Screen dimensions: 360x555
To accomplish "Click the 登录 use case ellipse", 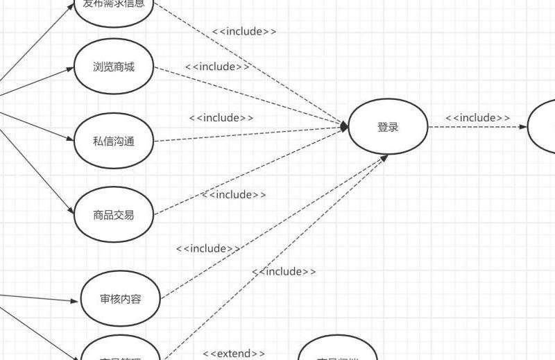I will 388,127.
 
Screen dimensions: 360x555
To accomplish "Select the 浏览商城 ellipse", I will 114,67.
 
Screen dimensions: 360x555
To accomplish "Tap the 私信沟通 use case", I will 114,142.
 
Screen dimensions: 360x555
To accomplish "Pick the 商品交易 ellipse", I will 114,215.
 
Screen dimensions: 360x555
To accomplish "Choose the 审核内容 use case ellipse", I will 121,300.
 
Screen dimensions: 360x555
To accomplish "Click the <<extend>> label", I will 234,354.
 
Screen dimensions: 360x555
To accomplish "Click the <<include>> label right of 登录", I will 478,118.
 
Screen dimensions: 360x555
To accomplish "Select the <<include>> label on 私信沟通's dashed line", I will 221,118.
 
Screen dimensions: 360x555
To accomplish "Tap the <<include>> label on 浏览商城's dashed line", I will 217,67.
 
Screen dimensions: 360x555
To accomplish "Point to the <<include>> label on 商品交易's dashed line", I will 234,195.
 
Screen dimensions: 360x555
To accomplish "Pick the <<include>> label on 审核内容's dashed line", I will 208,248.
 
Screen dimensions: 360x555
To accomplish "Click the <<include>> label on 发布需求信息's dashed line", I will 244,31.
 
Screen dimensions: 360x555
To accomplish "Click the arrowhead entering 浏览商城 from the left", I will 71,69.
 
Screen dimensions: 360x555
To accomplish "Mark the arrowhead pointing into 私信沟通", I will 70,139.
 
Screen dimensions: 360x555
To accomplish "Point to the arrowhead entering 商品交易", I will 70,212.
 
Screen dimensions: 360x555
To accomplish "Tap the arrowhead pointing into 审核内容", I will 76,301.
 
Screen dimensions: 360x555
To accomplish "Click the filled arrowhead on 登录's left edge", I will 343,126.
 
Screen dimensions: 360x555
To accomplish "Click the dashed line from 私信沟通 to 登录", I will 250,135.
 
